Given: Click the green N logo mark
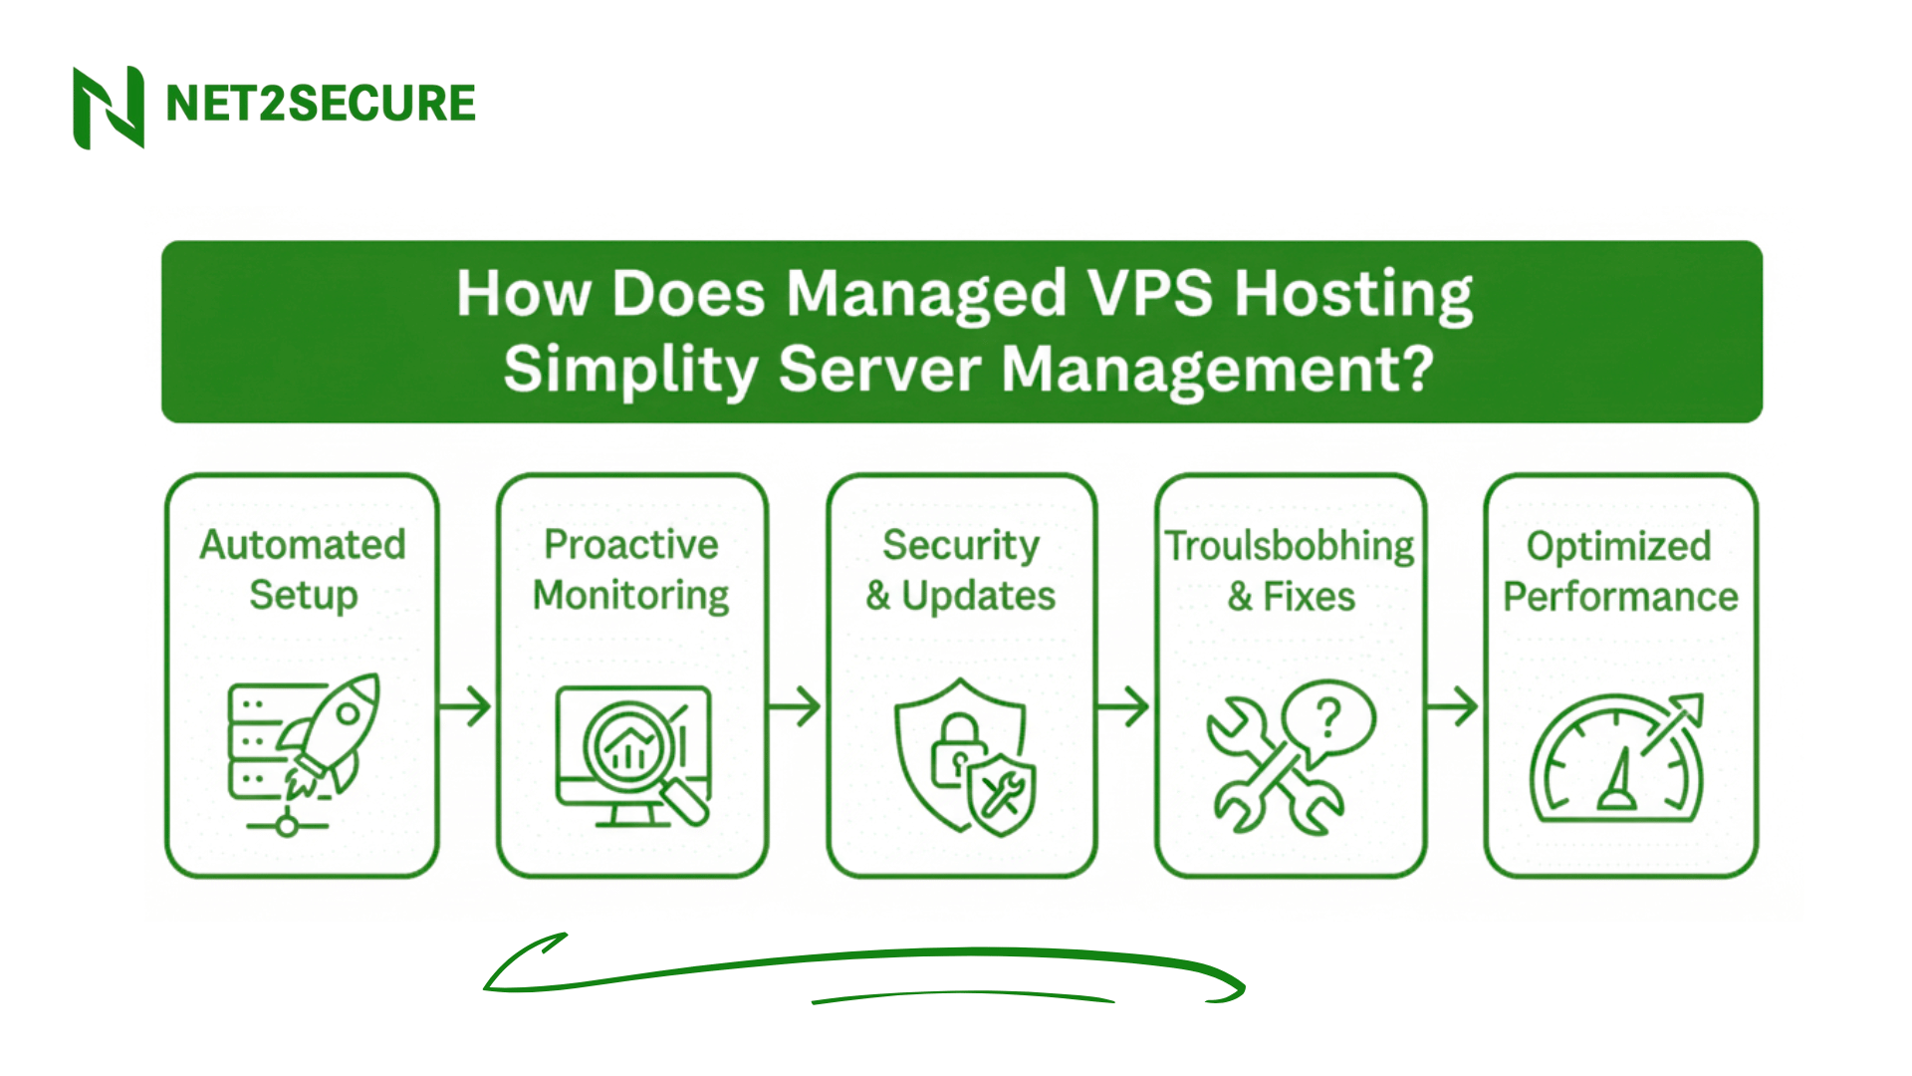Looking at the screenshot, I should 109,108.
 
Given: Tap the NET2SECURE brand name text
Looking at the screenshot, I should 321,104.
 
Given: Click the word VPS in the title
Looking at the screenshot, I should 1149,294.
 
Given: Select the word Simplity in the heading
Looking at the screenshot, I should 630,370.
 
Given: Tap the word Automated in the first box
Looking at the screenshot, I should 303,545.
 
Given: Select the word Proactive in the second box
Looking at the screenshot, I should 631,545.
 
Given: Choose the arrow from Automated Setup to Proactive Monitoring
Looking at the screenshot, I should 466,706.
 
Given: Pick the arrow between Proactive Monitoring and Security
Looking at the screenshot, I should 796,706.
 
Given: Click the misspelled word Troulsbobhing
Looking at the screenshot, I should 1290,546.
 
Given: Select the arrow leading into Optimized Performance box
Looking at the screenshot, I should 1453,706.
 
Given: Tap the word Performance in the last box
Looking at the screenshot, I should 1620,597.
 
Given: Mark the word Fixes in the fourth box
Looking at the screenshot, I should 1309,597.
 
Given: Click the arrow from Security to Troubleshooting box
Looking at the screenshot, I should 1124,706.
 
